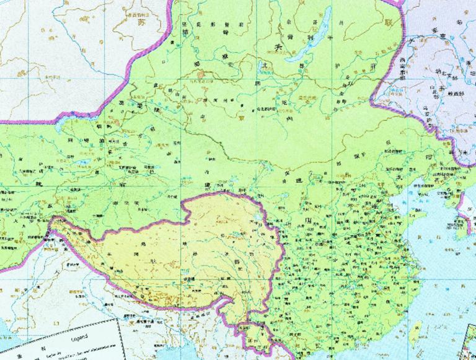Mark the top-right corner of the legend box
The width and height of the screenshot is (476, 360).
click(121, 320)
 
